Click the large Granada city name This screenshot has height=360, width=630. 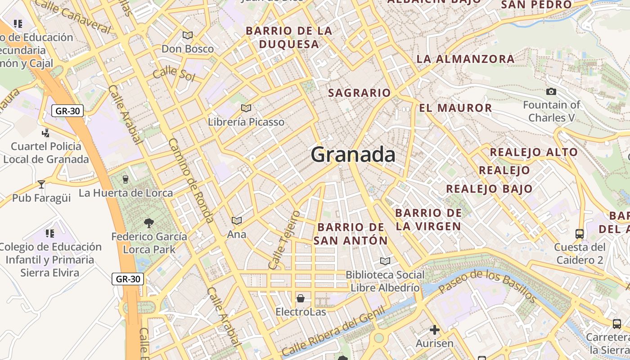[353, 155]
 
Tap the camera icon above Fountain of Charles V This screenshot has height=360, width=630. [551, 92]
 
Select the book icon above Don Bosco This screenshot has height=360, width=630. [188, 35]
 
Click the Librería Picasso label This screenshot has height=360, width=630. [246, 122]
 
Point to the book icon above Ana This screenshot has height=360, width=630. [237, 220]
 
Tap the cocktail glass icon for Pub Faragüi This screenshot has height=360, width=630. [41, 184]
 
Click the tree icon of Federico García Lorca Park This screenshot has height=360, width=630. [148, 222]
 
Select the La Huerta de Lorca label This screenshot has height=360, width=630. [126, 193]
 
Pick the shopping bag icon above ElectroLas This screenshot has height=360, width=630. [300, 298]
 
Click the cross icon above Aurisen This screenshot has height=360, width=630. [434, 330]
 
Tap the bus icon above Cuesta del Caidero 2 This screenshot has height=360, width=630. [580, 234]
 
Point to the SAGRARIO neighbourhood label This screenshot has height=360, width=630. [360, 93]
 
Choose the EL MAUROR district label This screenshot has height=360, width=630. [455, 108]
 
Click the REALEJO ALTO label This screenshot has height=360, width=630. [534, 152]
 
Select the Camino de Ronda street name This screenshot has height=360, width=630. [191, 180]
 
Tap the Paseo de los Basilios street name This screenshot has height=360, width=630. [488, 286]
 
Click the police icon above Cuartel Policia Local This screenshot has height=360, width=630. [45, 133]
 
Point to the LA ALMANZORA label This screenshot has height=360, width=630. [465, 59]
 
